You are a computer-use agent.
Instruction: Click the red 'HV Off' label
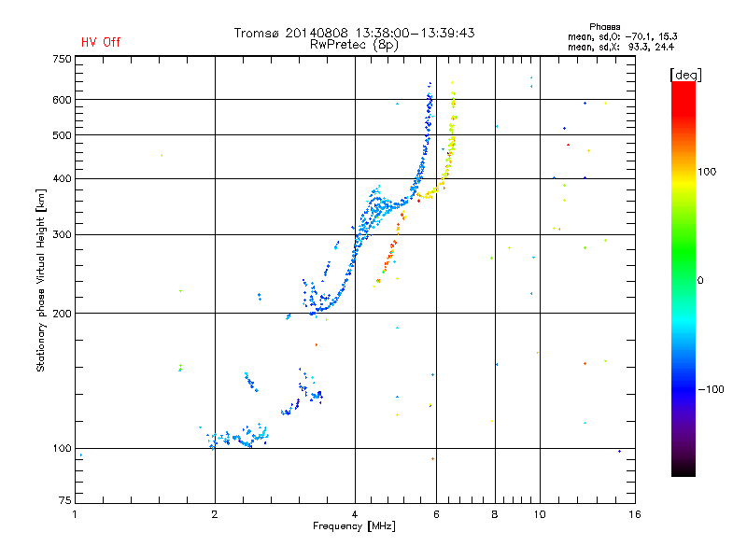[101, 42]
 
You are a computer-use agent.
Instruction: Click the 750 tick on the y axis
[62, 59]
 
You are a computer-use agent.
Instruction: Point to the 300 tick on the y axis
[62, 234]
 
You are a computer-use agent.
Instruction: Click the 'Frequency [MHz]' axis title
[354, 526]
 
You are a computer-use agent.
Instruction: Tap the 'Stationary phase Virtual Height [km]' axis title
[41, 280]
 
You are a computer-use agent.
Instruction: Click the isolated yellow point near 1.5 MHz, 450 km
[161, 156]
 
